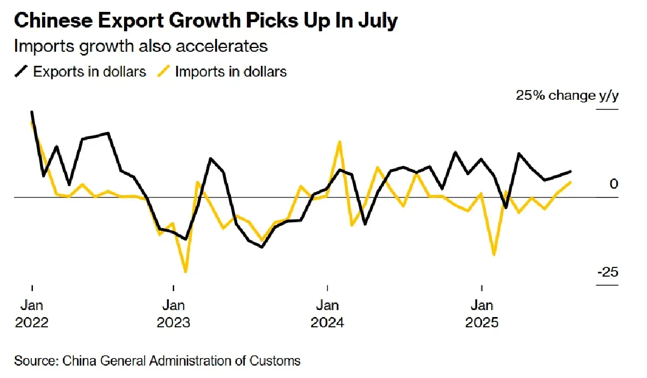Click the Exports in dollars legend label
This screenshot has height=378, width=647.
click(x=90, y=72)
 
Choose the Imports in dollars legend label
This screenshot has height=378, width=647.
click(x=231, y=72)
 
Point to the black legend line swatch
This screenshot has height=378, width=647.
click(x=22, y=72)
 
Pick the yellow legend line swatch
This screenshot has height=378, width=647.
click(x=164, y=72)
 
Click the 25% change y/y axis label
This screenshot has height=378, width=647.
click(x=568, y=96)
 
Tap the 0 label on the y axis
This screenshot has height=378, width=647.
click(x=614, y=184)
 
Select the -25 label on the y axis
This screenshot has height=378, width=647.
click(x=608, y=272)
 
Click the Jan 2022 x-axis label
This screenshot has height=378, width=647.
click(x=32, y=314)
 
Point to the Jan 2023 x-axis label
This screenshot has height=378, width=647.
click(x=173, y=314)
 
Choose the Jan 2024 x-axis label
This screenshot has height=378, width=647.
click(x=327, y=314)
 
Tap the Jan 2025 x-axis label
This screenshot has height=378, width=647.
click(x=481, y=314)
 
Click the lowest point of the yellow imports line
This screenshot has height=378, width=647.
click(x=185, y=271)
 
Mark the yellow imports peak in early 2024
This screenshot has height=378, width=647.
click(x=340, y=142)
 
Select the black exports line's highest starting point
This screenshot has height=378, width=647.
click(x=32, y=112)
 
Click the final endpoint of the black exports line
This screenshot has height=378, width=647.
click(x=571, y=171)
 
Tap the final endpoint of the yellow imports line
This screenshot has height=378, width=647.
click(x=571, y=183)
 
